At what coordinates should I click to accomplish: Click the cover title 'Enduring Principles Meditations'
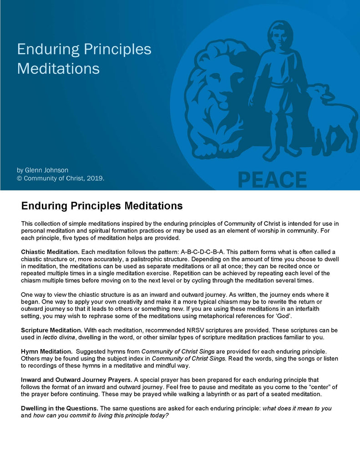(x=84, y=59)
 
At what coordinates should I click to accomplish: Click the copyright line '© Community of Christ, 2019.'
(x=61, y=178)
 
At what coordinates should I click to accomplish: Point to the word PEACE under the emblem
(x=272, y=179)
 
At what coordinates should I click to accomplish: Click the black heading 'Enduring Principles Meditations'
(x=102, y=206)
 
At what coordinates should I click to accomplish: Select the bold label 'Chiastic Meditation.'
(x=50, y=252)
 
